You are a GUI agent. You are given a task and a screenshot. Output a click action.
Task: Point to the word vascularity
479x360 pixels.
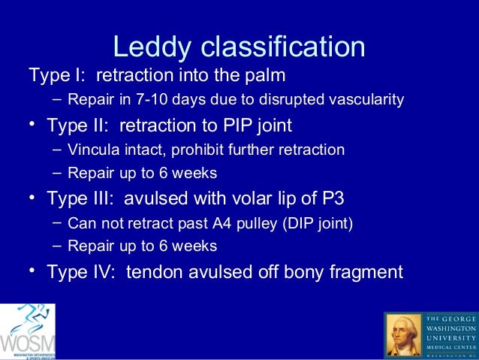tap(369, 99)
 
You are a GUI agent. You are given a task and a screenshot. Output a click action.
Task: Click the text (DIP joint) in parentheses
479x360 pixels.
tap(307, 223)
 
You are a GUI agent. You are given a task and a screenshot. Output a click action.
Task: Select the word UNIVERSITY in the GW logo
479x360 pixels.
tap(450, 337)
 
